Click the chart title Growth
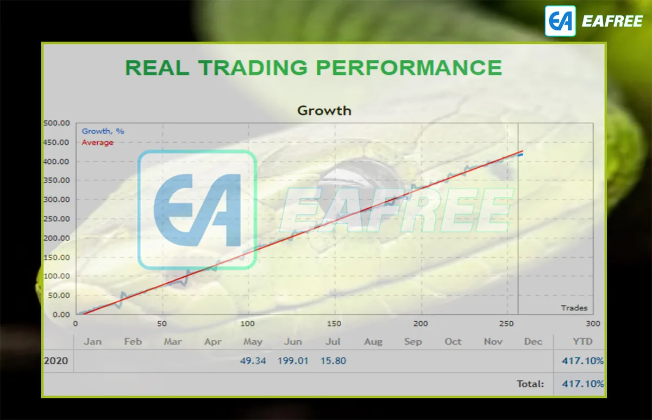pos(324,111)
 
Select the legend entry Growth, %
pos(103,131)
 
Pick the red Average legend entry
pos(97,142)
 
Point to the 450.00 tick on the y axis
pos(57,142)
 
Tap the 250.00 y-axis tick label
pos(57,219)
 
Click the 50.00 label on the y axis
pos(59,295)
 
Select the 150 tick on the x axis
pos(334,323)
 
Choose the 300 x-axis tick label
pos(593,323)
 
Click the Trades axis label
pos(574,308)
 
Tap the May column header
pos(253,341)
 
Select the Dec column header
pos(533,341)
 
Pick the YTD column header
pos(582,341)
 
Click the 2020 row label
pos(56,361)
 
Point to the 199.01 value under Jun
pos(293,361)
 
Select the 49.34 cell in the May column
pos(253,361)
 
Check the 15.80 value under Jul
pos(333,361)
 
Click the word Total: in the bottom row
pos(530,384)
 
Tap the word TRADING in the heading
pos(253,67)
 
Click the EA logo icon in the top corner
pos(560,21)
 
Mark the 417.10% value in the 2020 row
pos(582,361)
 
